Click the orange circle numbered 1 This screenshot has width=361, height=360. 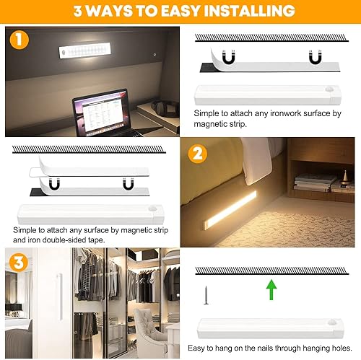pyautogui.click(x=19, y=40)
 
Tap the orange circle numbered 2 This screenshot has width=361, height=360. pyautogui.click(x=196, y=154)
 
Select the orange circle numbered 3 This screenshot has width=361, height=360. pyautogui.click(x=19, y=262)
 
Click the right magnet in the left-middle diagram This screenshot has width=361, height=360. pyautogui.click(x=129, y=185)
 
